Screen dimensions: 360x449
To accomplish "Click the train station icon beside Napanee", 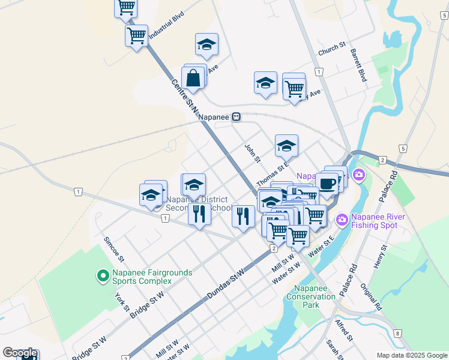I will coord(237,118).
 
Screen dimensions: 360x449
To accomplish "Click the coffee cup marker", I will coord(328,183).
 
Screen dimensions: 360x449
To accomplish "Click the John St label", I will coord(253,153).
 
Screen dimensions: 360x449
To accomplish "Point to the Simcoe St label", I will coord(113,249).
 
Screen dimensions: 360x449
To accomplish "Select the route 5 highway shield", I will coord(402,148).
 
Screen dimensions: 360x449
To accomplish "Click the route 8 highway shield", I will coord(397,333).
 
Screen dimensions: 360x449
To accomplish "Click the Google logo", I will coord(19,353).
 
